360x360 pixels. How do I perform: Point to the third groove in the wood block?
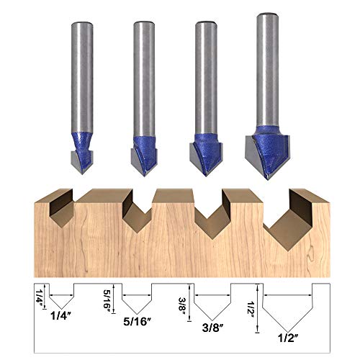coord(209,209)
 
